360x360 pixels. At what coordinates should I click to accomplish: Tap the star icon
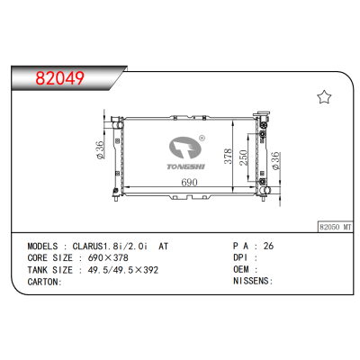point(325,97)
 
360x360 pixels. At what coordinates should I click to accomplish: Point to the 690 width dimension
point(189,183)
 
